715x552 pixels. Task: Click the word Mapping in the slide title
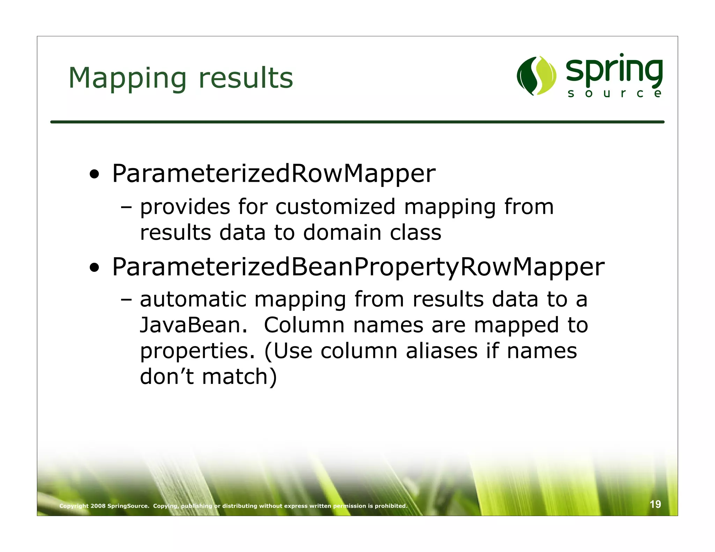(x=127, y=78)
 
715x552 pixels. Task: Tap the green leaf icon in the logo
(x=536, y=76)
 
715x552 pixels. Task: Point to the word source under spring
(x=614, y=94)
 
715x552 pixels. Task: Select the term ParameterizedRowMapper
(x=273, y=173)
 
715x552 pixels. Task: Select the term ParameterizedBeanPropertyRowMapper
(x=358, y=267)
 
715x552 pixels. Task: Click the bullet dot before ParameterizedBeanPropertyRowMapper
(x=94, y=268)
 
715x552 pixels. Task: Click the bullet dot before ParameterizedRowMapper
(x=94, y=174)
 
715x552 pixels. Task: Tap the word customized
(x=335, y=207)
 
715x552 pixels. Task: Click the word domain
(x=342, y=233)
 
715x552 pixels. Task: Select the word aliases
(x=442, y=351)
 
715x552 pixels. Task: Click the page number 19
(x=655, y=504)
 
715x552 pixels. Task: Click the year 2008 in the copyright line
(x=98, y=506)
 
